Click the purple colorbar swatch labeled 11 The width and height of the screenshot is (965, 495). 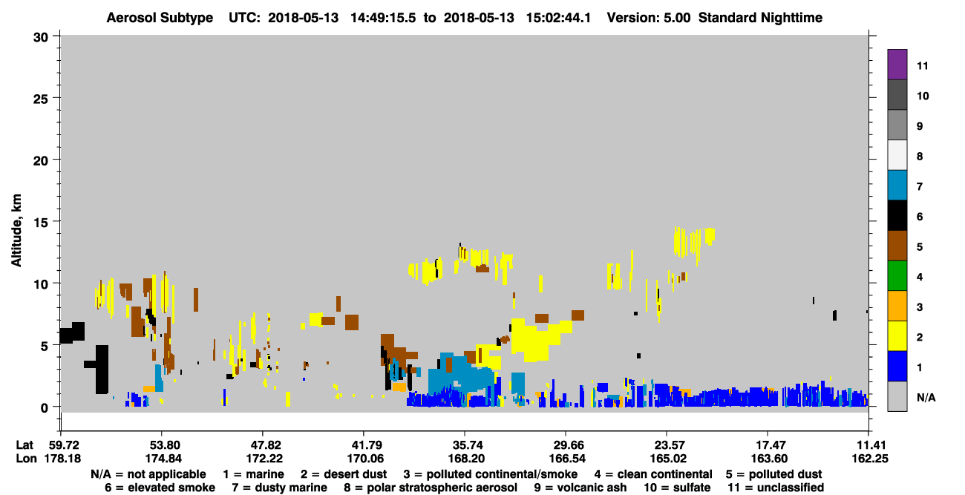(x=897, y=64)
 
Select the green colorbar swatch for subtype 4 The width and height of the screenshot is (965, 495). (x=897, y=276)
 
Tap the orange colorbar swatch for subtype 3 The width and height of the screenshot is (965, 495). (x=897, y=306)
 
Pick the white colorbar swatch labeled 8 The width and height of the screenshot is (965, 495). (x=897, y=154)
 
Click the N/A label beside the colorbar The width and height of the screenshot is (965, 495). (x=926, y=397)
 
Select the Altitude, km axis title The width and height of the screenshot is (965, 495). (x=16, y=231)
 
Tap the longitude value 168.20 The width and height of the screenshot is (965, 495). (x=465, y=459)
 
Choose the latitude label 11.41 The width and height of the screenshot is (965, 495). (x=869, y=445)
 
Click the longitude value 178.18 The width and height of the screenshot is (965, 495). (x=62, y=459)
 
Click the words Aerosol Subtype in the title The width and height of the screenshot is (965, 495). (x=160, y=18)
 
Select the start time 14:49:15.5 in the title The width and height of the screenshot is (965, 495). (x=383, y=18)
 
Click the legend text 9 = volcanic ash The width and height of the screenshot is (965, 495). (x=580, y=488)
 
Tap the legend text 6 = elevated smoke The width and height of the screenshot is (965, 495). (x=160, y=488)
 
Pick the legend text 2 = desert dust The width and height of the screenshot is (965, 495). (x=344, y=474)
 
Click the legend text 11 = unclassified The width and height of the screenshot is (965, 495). (x=776, y=488)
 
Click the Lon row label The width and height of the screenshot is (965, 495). (x=26, y=459)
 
